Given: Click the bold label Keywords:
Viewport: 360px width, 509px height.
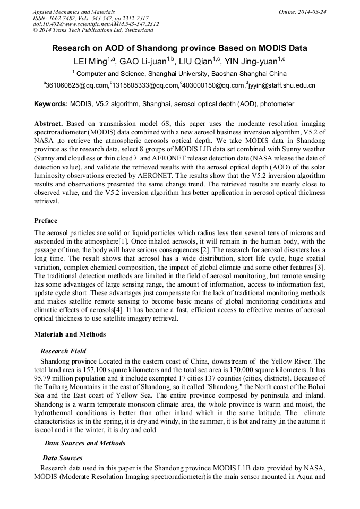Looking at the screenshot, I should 51,104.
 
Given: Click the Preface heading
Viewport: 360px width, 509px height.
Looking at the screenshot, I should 46,220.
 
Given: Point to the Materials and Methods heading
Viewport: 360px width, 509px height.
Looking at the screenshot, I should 70,334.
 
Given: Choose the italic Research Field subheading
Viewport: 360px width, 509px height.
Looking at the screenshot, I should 63,351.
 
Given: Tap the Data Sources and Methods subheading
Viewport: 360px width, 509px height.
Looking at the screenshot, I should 85,443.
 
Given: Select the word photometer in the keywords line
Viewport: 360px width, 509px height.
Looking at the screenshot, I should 277,104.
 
